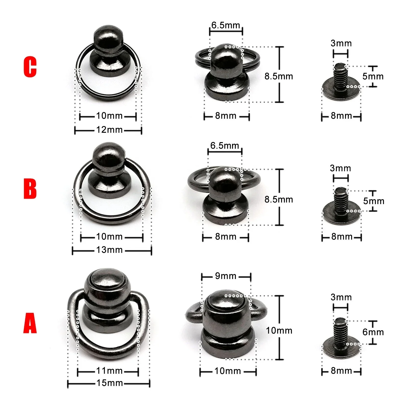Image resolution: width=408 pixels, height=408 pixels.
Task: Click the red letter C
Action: click(30, 67)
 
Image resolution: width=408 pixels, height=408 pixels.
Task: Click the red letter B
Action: click(30, 189)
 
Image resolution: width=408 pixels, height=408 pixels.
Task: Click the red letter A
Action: click(30, 323)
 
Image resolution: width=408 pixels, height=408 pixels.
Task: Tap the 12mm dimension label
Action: click(109, 130)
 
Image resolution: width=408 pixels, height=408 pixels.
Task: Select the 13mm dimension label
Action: click(109, 250)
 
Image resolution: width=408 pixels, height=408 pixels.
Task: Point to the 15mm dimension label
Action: click(110, 383)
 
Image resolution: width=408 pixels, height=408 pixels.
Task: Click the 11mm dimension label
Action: click(109, 371)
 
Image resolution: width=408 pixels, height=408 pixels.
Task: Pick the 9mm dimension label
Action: click(226, 276)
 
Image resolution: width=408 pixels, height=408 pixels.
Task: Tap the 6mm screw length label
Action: click(373, 332)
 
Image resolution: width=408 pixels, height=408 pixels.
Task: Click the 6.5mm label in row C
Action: click(226, 25)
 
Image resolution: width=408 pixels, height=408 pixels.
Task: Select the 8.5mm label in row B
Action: click(279, 199)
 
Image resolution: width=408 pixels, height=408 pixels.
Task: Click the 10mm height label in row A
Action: click(279, 330)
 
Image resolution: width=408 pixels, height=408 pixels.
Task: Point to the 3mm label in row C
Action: click(341, 43)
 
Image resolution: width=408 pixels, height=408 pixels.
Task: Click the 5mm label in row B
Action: click(374, 201)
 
